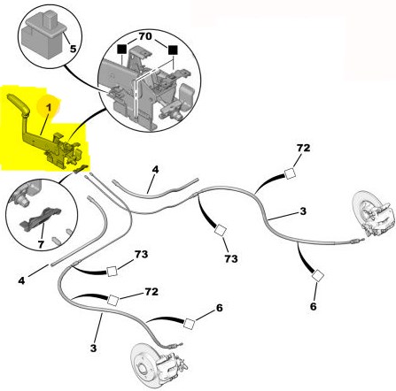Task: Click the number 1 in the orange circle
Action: pos(49,107)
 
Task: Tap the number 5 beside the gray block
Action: pos(73,49)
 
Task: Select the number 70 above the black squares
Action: pos(145,36)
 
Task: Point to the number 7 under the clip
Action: pos(41,244)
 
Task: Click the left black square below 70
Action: pos(121,50)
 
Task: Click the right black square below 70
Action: pos(174,50)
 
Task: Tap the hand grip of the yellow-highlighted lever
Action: pos(19,104)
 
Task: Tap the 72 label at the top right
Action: pos(304,148)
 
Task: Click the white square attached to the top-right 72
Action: pos(290,173)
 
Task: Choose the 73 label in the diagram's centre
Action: pos(231,258)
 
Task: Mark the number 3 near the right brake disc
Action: pos(303,211)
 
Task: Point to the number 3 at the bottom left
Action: pos(93,349)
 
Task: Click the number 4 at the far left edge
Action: pos(21,280)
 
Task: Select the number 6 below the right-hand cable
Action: pos(314,306)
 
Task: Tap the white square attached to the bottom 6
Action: pos(189,324)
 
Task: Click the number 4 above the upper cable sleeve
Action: pos(155,170)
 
